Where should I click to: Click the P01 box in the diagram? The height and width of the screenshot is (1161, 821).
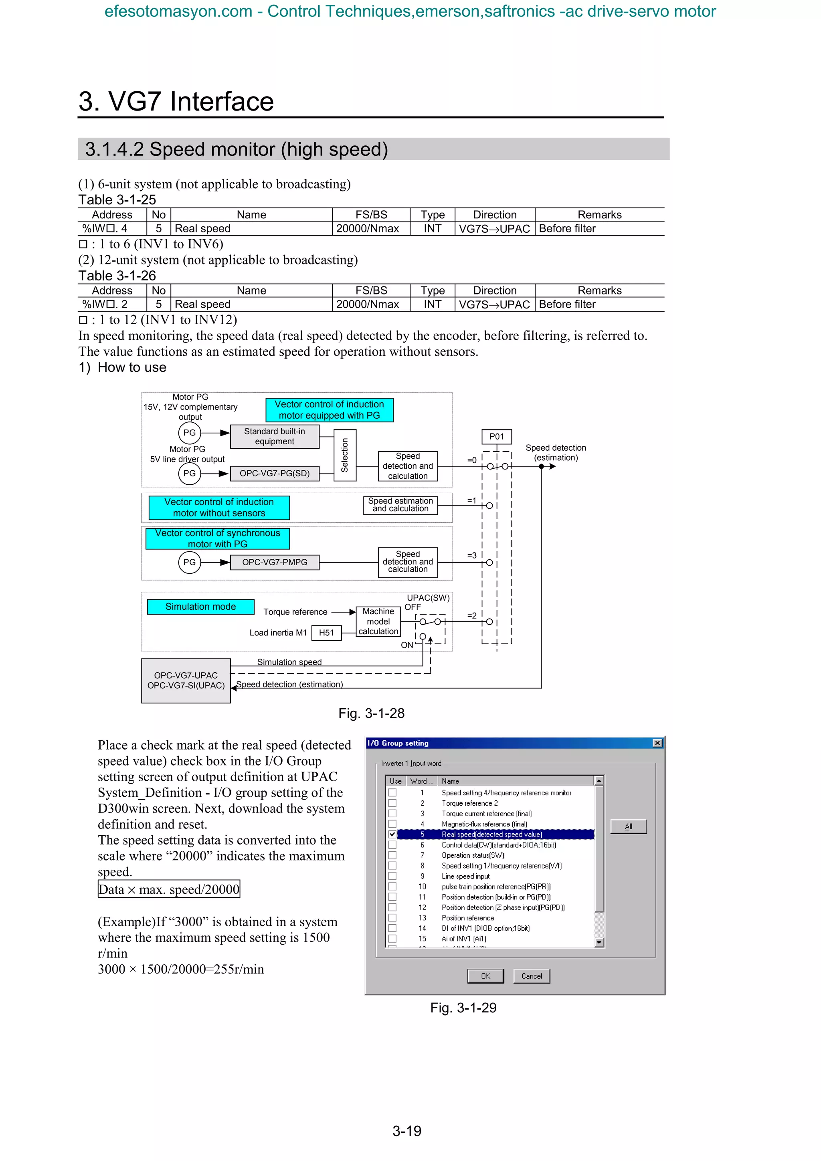point(496,436)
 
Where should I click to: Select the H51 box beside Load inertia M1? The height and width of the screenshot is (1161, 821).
point(326,633)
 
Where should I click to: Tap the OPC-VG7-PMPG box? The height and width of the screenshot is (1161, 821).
point(274,562)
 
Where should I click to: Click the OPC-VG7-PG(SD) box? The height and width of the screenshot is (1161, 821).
point(274,473)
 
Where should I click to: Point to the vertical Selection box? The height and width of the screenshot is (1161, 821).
point(345,455)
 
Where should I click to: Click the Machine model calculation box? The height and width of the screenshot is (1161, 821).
point(378,621)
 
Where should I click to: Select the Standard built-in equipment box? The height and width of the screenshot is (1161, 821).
point(274,436)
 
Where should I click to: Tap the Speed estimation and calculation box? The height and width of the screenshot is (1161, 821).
point(400,505)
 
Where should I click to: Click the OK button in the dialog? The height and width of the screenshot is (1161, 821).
point(485,976)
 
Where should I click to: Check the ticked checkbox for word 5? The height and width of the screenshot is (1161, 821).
point(392,834)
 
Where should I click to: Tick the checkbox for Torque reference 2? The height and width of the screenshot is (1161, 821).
point(392,803)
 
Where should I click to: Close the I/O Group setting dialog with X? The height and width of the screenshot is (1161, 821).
point(657,743)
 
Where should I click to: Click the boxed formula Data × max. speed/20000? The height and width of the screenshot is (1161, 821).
point(169,889)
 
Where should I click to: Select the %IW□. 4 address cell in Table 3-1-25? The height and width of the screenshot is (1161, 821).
point(112,229)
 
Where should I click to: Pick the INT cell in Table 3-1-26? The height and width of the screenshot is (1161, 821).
point(433,304)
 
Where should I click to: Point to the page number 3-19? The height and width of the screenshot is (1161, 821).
point(407,1131)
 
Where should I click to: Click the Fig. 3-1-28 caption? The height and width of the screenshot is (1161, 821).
point(371,714)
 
